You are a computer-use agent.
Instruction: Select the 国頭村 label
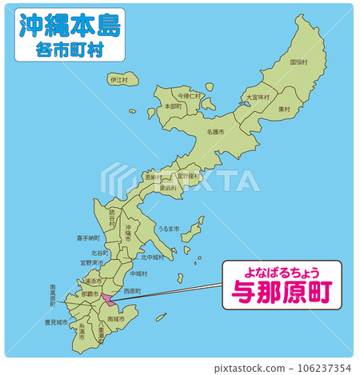coord(298,62)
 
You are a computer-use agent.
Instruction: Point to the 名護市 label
coord(215,131)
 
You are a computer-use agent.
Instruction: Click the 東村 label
coord(284,108)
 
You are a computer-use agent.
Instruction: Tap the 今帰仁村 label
coord(190,95)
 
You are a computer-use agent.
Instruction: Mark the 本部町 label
coord(173,106)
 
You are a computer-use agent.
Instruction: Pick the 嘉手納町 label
coord(89,237)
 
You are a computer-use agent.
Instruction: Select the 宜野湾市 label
coord(92,261)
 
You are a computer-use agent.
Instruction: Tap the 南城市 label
coord(117,319)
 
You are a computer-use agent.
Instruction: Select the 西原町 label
coord(133,290)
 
